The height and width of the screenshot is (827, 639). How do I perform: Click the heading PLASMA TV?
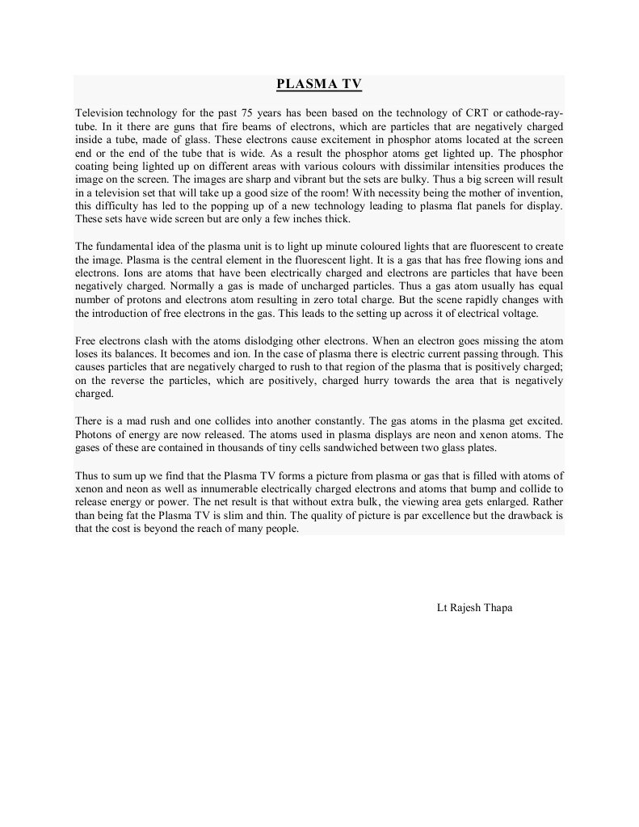(x=318, y=83)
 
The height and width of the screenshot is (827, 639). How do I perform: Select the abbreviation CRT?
(x=477, y=112)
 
